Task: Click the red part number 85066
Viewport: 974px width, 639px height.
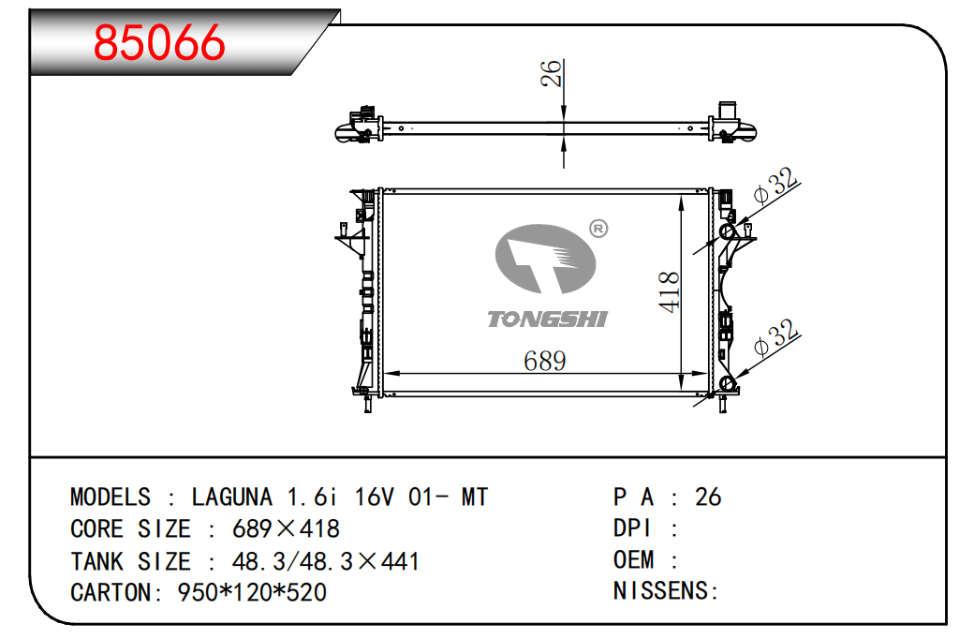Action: (159, 43)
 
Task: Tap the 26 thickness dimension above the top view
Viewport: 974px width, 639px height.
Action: (551, 73)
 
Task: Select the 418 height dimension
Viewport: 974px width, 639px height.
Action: (670, 291)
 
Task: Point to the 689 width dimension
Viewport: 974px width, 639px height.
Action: (545, 361)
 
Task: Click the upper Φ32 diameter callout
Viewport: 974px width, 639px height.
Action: (775, 186)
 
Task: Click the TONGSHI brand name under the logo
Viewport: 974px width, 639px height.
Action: (547, 319)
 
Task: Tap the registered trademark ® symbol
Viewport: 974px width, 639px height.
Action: (598, 229)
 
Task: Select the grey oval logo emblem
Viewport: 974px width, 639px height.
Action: (545, 259)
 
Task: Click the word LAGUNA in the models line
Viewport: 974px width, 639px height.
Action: (231, 498)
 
